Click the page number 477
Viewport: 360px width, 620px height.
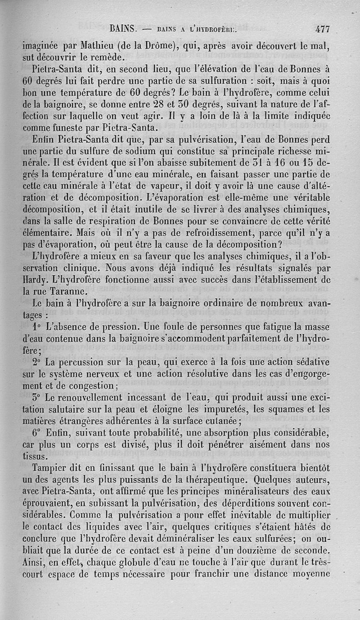pos(323,30)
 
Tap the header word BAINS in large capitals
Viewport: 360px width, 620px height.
pos(123,29)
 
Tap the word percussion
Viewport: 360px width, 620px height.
pos(79,362)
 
